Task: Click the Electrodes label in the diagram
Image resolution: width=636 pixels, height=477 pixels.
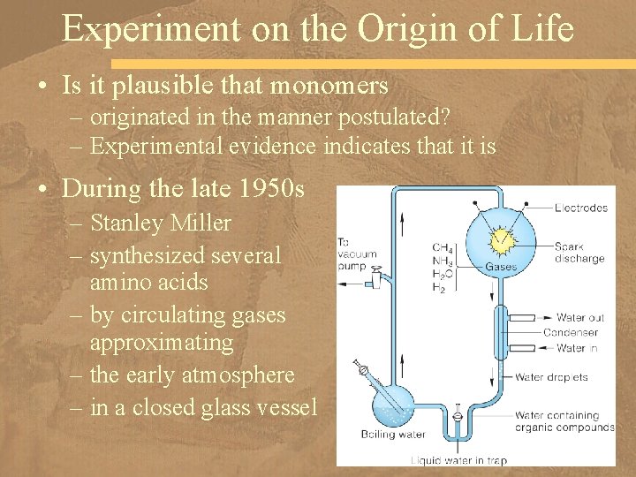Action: pos(581,208)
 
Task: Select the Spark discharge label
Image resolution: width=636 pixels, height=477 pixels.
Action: pos(579,253)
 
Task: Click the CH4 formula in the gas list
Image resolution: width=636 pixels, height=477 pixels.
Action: pos(443,247)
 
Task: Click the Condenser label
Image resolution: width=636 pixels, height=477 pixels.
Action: pos(569,333)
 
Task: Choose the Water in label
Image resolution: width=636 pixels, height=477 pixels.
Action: pos(579,348)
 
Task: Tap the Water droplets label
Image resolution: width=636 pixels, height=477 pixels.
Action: pos(551,378)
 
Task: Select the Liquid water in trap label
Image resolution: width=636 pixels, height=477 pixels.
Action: pos(458,459)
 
